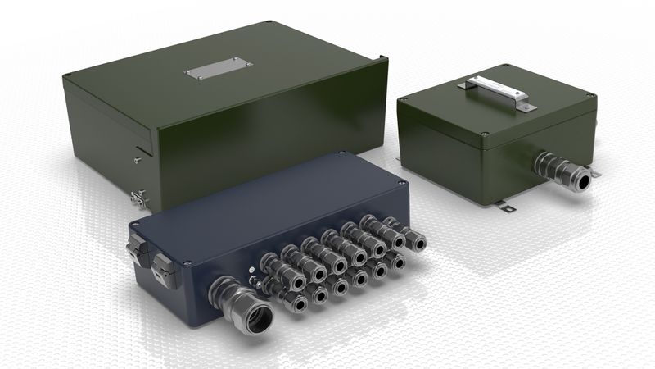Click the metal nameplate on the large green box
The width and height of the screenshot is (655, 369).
[x=218, y=68]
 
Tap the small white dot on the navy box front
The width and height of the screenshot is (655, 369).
[x=250, y=269]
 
